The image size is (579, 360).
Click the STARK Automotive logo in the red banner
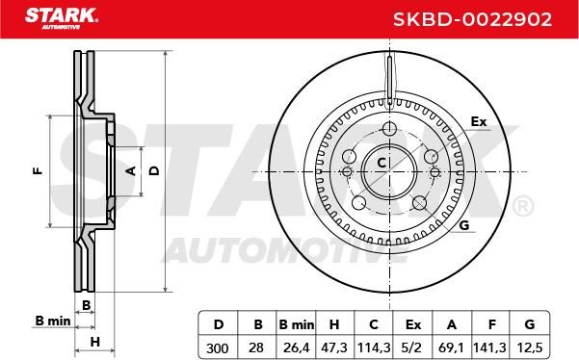point(62,18)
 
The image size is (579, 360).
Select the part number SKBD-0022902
point(472,19)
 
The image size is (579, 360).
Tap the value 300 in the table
point(217,347)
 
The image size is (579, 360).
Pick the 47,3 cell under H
point(334,347)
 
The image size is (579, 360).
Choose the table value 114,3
point(374,347)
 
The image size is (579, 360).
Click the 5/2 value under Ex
point(413,347)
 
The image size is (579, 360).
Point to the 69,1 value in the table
point(451,347)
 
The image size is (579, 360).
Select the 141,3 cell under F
point(489,347)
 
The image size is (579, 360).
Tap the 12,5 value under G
point(530,347)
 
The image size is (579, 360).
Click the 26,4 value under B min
point(296,347)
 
